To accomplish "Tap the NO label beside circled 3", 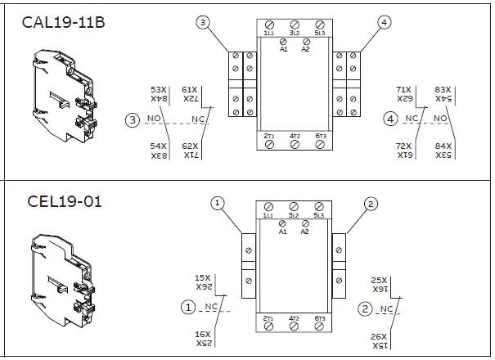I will point(154,119).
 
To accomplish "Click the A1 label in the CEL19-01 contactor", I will point(283,231).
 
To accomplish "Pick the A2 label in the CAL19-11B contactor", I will point(305,49).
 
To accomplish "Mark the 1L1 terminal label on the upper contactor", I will point(269,33).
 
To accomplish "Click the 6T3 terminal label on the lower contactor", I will point(320,317).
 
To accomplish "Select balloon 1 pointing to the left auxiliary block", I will point(217,202).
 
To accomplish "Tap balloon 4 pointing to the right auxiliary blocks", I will point(385,23).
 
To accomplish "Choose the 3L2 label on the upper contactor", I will point(294,33).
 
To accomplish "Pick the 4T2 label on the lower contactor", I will point(294,317).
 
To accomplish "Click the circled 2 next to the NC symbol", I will point(365,308).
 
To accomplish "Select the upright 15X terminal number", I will point(202,278).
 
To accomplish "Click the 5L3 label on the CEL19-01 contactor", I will point(319,215).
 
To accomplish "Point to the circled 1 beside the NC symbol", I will point(189,308).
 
